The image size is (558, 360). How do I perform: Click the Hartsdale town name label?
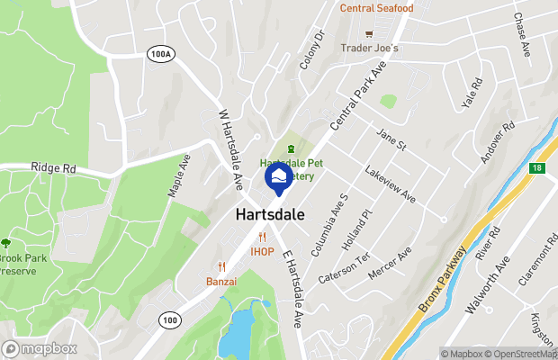coord(269,215)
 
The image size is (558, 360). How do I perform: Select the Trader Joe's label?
coord(369,48)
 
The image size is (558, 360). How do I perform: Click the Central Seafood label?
coord(376,9)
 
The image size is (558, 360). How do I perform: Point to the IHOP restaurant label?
coord(262,252)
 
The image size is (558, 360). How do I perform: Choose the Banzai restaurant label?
coord(220,281)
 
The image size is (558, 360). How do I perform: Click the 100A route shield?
coord(159,55)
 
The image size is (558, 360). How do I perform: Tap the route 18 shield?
coord(537,167)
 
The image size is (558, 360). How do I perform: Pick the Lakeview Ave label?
coord(391,184)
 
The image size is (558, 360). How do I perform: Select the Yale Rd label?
coord(472,93)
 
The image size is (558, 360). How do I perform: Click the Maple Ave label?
coord(179,175)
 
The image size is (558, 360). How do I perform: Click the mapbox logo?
coord(40,348)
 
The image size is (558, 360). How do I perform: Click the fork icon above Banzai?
coord(220,266)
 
